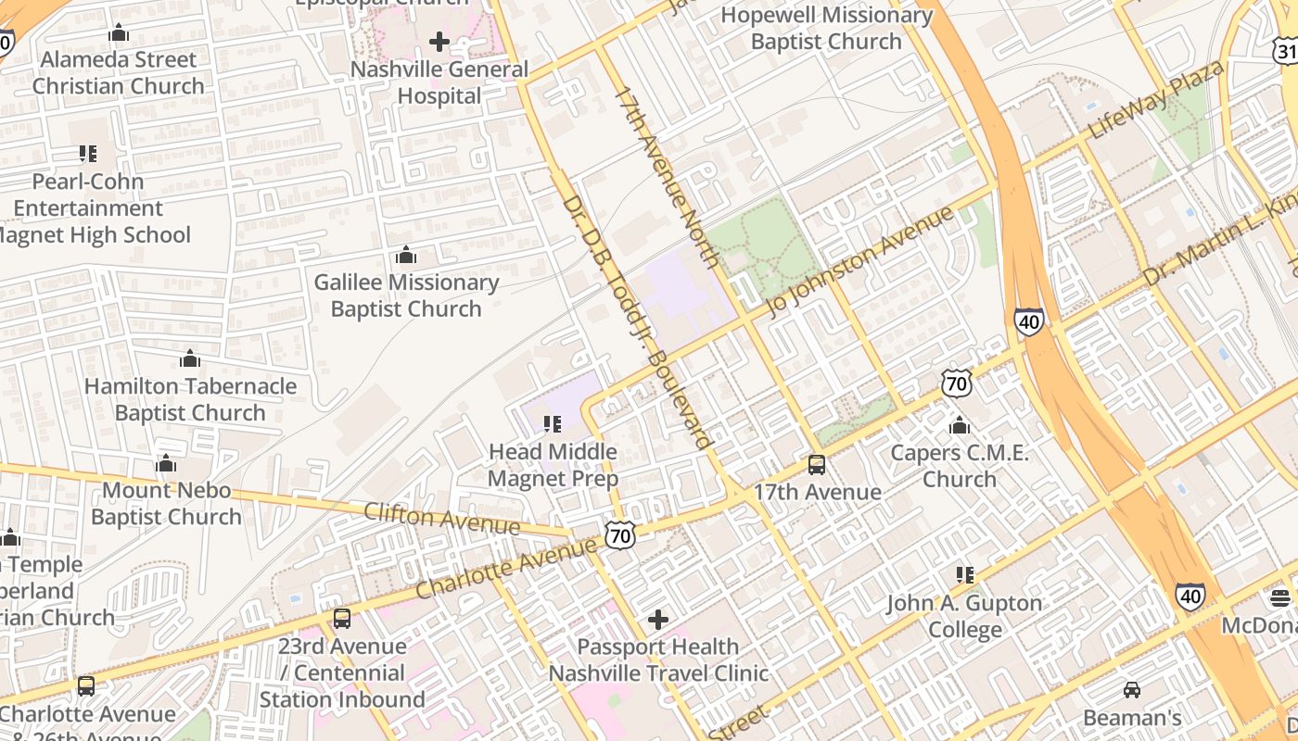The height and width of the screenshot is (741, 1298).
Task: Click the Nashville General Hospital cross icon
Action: click(439, 41)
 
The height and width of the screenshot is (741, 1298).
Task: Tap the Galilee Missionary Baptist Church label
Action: click(406, 295)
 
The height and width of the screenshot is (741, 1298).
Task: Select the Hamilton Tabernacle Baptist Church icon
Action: click(190, 358)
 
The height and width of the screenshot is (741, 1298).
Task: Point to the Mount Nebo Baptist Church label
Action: click(166, 503)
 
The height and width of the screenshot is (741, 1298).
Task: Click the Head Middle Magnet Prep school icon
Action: click(553, 424)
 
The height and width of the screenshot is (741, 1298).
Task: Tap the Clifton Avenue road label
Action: click(442, 519)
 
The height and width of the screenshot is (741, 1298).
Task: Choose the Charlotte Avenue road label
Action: click(506, 567)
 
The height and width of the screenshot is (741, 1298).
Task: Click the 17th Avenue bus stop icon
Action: click(817, 464)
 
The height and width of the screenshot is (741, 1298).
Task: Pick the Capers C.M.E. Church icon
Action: click(960, 425)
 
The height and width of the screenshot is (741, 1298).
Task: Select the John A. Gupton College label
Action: click(964, 617)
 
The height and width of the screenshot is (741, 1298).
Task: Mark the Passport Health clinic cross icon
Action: click(658, 619)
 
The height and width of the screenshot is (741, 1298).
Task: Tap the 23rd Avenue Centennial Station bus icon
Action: click(342, 618)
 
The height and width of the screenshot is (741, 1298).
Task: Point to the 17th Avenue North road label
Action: click(667, 175)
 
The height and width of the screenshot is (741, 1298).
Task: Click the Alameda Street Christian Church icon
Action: click(118, 33)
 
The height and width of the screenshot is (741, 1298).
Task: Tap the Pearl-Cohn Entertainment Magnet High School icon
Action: click(88, 154)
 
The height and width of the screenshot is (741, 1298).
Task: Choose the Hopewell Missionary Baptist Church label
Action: click(826, 28)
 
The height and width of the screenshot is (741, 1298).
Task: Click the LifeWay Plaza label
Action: click(1155, 99)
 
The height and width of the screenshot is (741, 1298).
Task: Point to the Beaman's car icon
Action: click(1132, 690)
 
